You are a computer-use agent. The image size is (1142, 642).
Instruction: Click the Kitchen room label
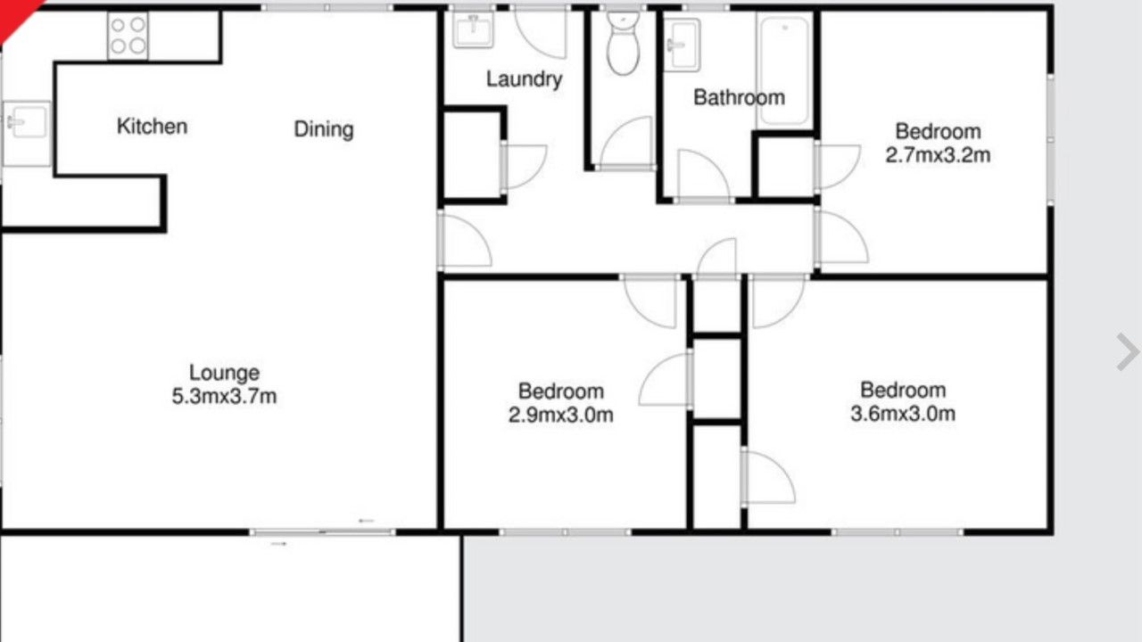coord(152,127)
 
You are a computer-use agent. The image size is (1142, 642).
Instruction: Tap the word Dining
coord(324,129)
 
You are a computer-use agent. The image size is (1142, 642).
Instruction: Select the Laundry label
coord(524,79)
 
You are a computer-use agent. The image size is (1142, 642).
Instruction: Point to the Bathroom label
coord(740,97)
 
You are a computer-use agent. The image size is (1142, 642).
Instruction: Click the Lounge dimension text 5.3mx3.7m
coord(224,396)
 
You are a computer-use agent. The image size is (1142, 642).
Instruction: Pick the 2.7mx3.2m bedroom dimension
coord(938,155)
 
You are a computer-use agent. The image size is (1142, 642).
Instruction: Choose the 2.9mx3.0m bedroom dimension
coord(561,415)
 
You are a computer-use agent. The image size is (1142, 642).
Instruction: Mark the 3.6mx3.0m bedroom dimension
coord(903,413)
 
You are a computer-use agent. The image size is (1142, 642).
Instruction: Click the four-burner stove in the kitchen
coord(128,36)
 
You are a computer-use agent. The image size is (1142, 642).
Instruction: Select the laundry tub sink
coord(473,30)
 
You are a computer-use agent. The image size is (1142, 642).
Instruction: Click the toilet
coord(623,43)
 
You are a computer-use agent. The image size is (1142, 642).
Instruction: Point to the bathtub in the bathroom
coord(784,70)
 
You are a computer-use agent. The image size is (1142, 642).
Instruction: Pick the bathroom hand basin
coord(683,45)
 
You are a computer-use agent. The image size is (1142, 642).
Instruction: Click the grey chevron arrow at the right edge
coord(1128,352)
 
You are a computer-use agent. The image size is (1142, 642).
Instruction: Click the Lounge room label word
coord(224,373)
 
